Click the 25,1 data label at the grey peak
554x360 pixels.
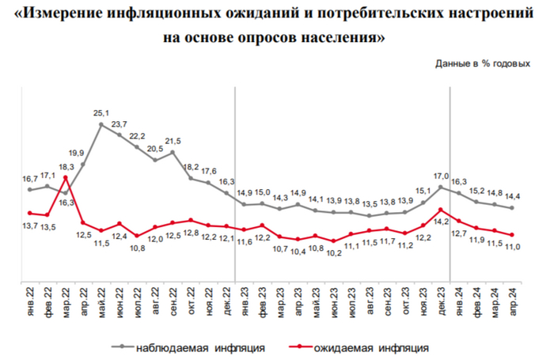coord(101,112)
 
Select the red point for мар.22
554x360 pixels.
coord(65,178)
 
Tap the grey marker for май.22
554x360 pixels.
coord(101,124)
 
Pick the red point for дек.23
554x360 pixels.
coord(440,210)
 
